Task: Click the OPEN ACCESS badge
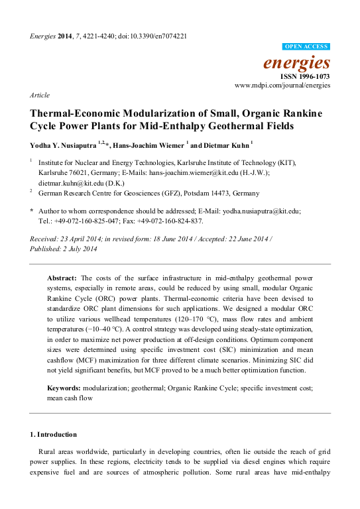(306, 46)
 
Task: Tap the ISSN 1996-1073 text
(305, 77)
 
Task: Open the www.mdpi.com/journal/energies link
(282, 86)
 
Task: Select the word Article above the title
(40, 95)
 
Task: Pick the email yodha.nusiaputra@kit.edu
(261, 211)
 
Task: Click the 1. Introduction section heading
(54, 434)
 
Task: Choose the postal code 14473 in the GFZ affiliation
(227, 193)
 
